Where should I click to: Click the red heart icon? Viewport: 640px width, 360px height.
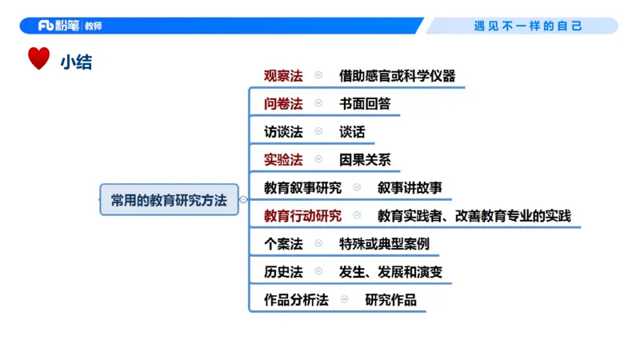38,59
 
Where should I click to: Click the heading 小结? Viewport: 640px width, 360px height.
76,62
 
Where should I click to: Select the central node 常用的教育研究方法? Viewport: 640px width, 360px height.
169,200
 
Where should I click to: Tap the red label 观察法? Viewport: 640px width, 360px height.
283,76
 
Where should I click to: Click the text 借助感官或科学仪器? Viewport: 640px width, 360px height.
397,76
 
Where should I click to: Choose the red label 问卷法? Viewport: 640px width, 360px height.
283,104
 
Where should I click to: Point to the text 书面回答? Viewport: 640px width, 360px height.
365,104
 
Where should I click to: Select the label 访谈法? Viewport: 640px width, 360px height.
283,132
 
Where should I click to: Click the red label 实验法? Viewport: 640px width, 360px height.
283,160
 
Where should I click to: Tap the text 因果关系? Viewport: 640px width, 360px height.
365,160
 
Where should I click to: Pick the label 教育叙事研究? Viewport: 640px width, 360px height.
302,188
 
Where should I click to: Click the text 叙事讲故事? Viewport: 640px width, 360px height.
410,188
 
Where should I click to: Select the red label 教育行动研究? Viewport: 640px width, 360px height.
302,216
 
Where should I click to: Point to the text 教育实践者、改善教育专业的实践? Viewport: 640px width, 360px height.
474,216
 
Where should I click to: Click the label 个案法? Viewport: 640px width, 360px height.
283,244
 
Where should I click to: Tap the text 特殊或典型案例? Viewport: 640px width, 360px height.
384,244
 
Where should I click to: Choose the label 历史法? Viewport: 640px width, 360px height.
283,272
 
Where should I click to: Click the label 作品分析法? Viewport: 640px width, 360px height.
296,300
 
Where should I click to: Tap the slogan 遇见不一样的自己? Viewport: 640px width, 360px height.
528,26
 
